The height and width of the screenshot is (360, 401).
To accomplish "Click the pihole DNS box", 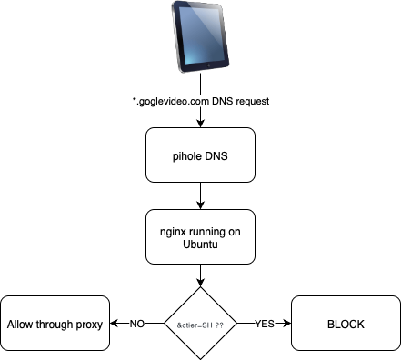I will [x=200, y=155].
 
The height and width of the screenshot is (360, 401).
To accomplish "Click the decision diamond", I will [x=200, y=323].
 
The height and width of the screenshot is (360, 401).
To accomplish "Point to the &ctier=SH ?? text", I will [x=200, y=324].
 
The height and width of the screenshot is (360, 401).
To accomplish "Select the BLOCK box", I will [x=345, y=323].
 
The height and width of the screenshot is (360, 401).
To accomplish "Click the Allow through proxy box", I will [x=55, y=323].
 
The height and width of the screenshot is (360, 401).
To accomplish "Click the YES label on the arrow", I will [x=265, y=323].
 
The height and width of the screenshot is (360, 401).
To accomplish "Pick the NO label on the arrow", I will [x=136, y=323].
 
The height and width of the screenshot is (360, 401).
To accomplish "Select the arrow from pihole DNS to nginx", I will [x=200, y=195].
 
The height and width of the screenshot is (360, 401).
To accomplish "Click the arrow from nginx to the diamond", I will [x=200, y=275].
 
